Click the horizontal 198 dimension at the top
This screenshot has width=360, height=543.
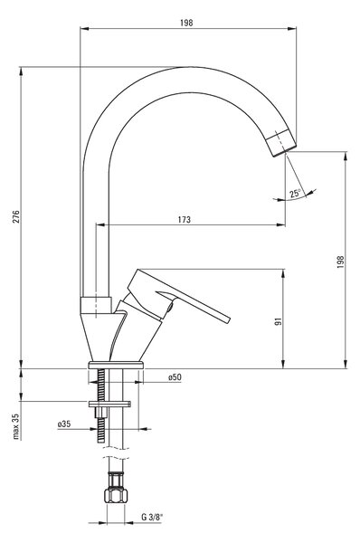(x=186, y=23)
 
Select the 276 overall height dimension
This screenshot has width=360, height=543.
(x=16, y=216)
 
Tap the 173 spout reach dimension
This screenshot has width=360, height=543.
(x=185, y=220)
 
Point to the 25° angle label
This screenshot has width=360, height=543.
(x=295, y=193)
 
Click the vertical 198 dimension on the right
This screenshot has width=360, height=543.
(x=341, y=262)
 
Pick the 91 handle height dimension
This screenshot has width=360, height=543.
(x=279, y=321)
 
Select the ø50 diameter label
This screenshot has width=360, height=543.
(x=175, y=377)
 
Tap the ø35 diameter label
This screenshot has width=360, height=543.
(x=64, y=424)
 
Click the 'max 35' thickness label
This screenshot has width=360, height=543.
(x=16, y=426)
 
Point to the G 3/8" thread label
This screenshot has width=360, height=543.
(x=152, y=518)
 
